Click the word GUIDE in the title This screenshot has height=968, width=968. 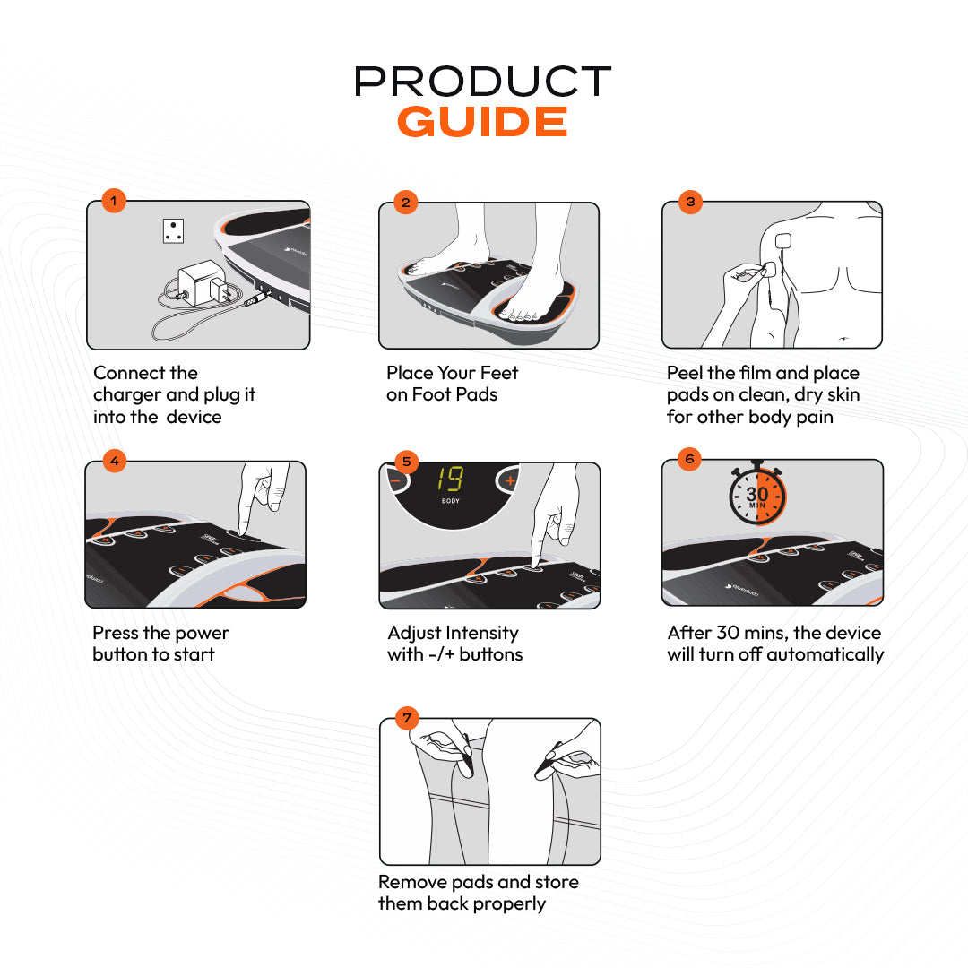click(482, 122)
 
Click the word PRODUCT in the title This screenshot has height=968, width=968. click(482, 82)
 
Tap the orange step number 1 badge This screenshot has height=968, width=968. click(113, 200)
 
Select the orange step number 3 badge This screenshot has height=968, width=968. click(689, 201)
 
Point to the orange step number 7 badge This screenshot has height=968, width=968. click(408, 717)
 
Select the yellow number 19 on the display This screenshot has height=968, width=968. click(451, 480)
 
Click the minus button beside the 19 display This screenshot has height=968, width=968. click(395, 480)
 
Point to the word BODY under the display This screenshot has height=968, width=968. click(451, 501)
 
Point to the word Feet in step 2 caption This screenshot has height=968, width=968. click(497, 373)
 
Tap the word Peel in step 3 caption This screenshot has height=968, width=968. click(685, 373)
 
